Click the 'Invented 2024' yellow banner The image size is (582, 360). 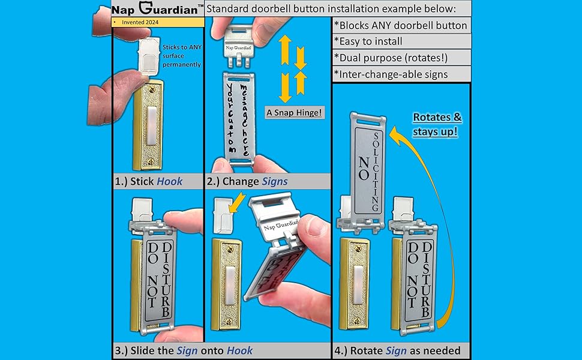pos(157,22)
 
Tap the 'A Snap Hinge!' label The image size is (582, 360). pos(295,112)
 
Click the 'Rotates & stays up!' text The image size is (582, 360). pos(437,125)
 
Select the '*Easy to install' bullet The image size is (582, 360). pos(368,41)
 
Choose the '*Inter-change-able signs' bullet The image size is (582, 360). pos(391,74)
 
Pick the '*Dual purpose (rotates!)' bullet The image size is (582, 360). pos(391,58)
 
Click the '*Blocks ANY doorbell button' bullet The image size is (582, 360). pos(400,25)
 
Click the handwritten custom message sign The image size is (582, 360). pos(239,118)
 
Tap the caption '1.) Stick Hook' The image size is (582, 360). pos(149,181)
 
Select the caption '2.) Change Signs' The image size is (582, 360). pos(247,181)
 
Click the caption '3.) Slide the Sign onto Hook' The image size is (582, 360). pos(184,351)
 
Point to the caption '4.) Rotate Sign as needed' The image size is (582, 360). pos(397,351)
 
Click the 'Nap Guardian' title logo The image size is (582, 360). pos(157,8)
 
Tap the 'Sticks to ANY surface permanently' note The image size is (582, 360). pos(182,56)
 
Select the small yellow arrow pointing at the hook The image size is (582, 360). pos(236,202)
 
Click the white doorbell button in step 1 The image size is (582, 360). pos(152,125)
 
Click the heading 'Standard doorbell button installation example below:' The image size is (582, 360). pos(331,8)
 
